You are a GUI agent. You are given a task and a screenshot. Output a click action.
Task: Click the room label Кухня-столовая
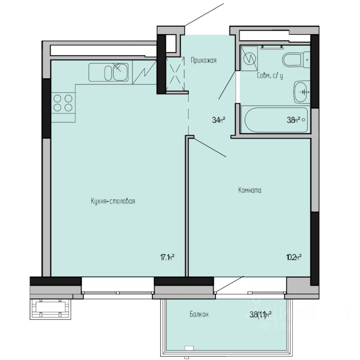[112, 201]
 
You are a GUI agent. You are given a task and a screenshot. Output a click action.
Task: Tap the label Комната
[250, 190]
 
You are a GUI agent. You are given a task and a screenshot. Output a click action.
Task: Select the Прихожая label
[204, 60]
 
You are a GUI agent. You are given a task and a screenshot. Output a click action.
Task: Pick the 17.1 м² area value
[168, 257]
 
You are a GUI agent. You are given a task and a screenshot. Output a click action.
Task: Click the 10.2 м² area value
[294, 257]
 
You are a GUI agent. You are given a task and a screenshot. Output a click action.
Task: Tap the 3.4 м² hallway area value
[218, 120]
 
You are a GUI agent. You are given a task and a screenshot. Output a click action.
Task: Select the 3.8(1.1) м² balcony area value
[261, 315]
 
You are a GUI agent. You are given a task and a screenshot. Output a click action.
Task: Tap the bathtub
[276, 120]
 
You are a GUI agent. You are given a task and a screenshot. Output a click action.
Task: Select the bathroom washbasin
[302, 91]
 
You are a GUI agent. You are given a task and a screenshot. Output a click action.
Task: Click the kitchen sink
[109, 72]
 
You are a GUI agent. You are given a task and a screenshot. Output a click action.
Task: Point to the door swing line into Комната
[208, 147]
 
